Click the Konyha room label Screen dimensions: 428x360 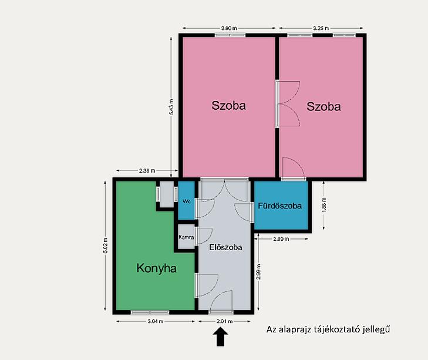pos(156,268)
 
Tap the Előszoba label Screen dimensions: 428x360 pos(225,247)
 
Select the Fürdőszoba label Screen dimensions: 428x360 pos(280,206)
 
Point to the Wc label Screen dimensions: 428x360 pos(187,201)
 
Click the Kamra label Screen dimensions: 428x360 pos(186,237)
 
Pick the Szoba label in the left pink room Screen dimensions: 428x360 pos(228,106)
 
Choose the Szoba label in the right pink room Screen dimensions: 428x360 pos(323,106)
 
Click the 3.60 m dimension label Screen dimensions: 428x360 pos(229,28)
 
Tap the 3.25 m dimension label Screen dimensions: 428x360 pos(321,28)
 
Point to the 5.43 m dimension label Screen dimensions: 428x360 pos(171,106)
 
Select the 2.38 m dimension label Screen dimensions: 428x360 pos(147,171)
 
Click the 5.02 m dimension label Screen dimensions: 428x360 pos(105,245)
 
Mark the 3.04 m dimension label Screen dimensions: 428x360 pos(156,321)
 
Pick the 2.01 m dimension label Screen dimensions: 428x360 pos(224,321)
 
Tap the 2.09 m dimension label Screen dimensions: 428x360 pos(281,239)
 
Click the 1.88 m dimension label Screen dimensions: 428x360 pos(324,205)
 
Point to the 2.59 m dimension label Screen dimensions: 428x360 pos(259,271)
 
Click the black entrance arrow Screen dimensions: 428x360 pos(220,337)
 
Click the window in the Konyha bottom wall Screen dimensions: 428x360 pos(150,312)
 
